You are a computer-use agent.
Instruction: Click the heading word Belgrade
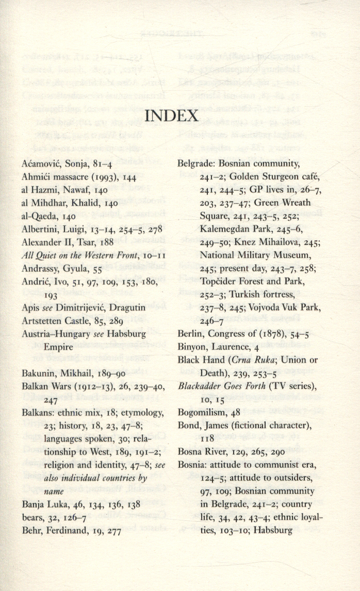(x=193, y=164)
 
